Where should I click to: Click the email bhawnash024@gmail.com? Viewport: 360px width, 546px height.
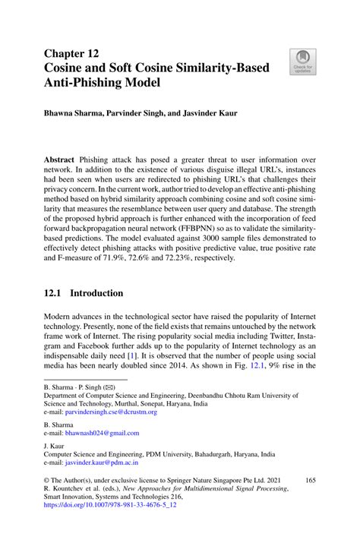tap(104, 433)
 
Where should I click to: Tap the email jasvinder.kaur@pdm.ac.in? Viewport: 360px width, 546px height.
tap(102, 461)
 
